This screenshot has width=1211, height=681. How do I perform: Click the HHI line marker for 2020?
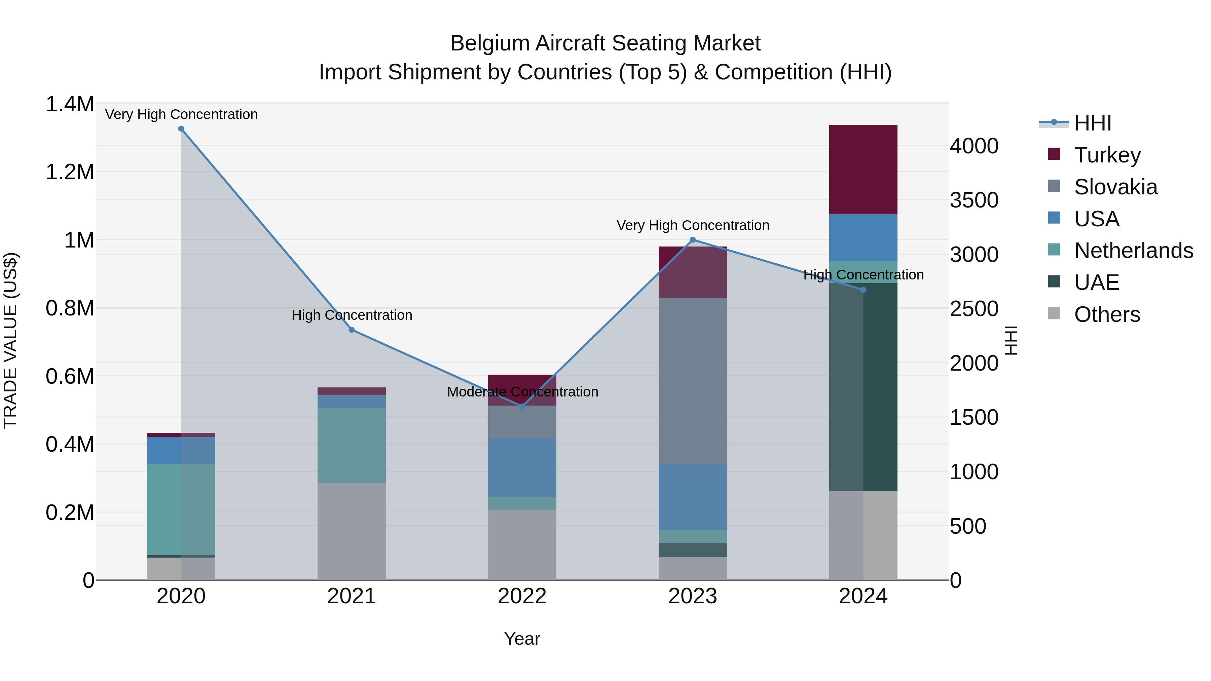[181, 129]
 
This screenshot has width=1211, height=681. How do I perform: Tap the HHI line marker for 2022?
[522, 406]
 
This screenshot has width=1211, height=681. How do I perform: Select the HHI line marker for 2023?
[693, 240]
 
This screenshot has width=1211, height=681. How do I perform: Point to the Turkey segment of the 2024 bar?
[863, 169]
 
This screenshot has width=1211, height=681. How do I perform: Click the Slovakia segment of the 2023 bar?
[693, 381]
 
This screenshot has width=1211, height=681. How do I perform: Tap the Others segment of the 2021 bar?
[352, 531]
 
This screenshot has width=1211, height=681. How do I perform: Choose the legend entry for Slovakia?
[1115, 187]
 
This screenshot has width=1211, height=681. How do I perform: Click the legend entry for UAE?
[1096, 282]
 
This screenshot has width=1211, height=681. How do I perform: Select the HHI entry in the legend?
[1093, 123]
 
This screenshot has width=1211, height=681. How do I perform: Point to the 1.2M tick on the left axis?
[70, 172]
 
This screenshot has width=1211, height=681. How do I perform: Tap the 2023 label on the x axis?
[693, 596]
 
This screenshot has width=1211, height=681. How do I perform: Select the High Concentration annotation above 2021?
[352, 315]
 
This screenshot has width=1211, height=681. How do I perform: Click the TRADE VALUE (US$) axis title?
[10, 340]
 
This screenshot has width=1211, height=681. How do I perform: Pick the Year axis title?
[522, 639]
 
